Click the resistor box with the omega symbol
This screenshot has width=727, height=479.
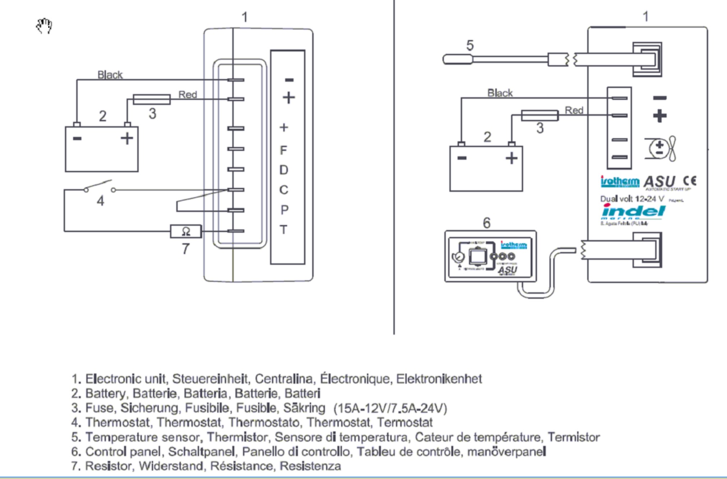pos(186,231)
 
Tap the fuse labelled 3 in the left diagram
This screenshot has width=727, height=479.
pos(151,99)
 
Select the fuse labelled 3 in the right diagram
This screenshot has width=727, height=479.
pos(539,115)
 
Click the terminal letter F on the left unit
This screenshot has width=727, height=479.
pos(284,150)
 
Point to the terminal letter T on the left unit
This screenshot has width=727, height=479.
pos(284,229)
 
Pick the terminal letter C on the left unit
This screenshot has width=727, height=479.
pos(284,190)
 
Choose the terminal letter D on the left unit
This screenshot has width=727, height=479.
pos(284,170)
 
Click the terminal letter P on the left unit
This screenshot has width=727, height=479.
pos(284,210)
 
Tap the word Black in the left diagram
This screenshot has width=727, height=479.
pos(110,75)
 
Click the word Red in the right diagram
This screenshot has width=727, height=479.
pos(574,110)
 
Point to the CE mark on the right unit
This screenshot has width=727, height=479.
pos(690,180)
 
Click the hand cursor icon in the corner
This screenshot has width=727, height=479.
pos(44,26)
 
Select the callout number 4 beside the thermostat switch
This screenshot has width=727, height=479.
pos(101,201)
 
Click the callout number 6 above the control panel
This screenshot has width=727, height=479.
pos(486,223)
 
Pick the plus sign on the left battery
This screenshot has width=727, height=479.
pos(127,138)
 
